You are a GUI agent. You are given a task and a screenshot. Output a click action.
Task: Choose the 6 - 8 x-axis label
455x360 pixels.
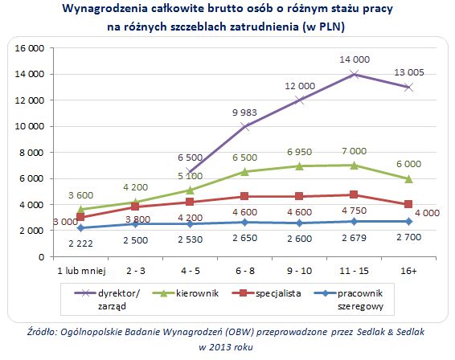coord(244,272)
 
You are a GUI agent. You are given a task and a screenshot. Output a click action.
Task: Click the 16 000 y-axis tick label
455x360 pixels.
coord(29,48)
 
